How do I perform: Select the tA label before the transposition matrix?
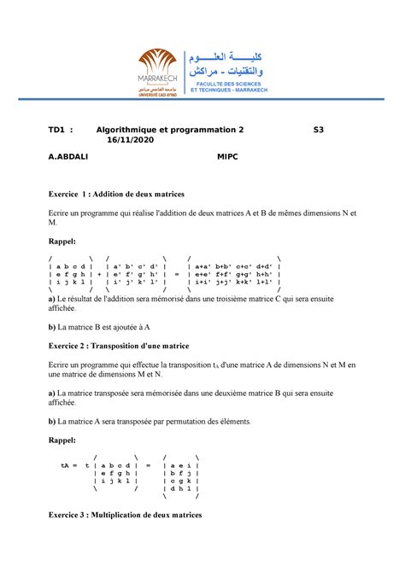pos(65,465)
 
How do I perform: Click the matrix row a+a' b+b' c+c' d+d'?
pos(233,266)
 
